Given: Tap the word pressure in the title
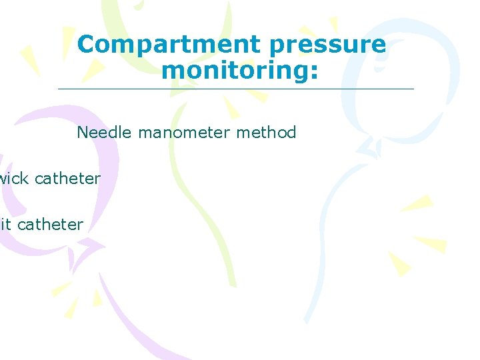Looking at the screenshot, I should (327, 45).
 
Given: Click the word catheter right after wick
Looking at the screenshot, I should (67, 178).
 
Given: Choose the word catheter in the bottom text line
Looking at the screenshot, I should (50, 225).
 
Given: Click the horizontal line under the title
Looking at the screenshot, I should (235, 89).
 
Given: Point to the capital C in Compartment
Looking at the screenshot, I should (86, 45).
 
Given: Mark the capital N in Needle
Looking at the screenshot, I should (83, 132).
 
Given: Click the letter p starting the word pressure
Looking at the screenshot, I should (277, 47).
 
